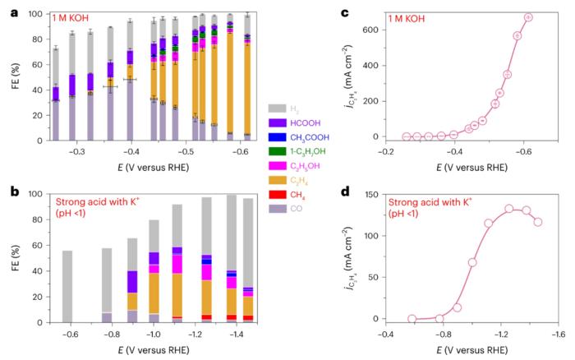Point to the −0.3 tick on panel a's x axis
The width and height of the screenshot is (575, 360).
76,151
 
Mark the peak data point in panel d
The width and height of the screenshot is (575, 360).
509,209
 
